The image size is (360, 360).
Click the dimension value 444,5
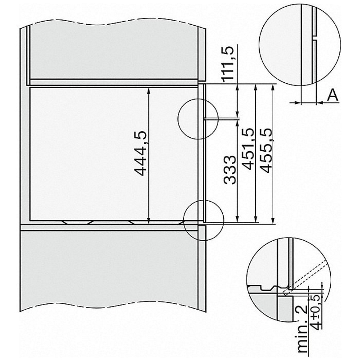(x=139, y=153)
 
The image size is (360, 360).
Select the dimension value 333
(x=229, y=170)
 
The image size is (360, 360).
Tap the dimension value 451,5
(x=248, y=148)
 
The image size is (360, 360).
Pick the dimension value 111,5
(x=228, y=63)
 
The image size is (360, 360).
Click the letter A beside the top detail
(x=333, y=95)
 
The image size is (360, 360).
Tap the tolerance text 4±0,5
(x=316, y=312)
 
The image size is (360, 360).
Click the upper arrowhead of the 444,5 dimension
(x=148, y=90)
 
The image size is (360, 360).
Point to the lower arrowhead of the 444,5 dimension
(x=148, y=220)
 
